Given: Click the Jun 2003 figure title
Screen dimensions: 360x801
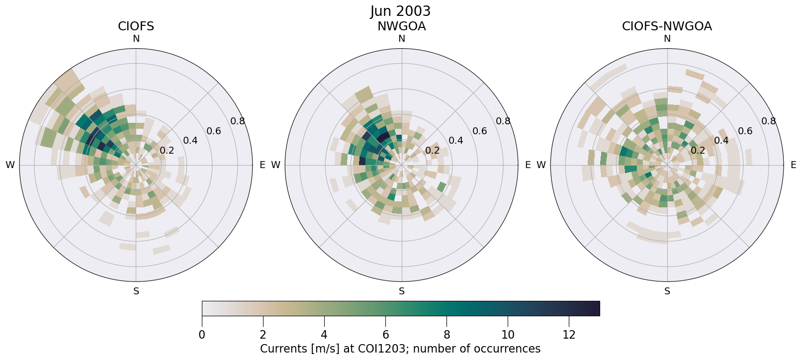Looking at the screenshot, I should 400,11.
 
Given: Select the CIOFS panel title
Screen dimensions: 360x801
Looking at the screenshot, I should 136,26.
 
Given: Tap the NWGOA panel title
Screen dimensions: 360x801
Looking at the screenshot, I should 401,26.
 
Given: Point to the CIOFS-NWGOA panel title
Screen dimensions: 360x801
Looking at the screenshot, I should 667,26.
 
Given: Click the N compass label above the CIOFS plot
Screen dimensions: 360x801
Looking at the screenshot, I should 136,39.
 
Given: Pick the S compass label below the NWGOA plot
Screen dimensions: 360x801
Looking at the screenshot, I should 402,291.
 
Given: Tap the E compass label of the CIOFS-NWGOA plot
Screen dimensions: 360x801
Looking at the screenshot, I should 793,165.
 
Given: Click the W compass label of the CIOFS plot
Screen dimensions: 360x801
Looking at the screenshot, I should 10,165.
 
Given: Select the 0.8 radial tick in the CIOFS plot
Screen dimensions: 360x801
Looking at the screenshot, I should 238,121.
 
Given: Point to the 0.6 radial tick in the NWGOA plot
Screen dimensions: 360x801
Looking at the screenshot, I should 480,131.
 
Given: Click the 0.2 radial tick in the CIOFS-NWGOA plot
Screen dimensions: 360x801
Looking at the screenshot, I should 698,150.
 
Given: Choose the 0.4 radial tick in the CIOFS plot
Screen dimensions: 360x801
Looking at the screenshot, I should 190,141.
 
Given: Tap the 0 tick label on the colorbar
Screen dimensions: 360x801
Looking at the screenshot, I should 202,335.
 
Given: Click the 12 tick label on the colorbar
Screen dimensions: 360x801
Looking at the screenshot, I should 569,335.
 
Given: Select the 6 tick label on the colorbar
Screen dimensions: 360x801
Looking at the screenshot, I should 385,335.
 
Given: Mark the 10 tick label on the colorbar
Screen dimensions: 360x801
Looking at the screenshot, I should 508,335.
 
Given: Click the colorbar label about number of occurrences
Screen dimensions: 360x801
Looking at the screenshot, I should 400,349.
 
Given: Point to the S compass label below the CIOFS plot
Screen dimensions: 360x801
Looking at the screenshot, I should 136,291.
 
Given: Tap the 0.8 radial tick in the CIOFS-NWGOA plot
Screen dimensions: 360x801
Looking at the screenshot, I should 769,121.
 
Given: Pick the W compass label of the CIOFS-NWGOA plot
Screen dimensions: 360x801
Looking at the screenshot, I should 541,165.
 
